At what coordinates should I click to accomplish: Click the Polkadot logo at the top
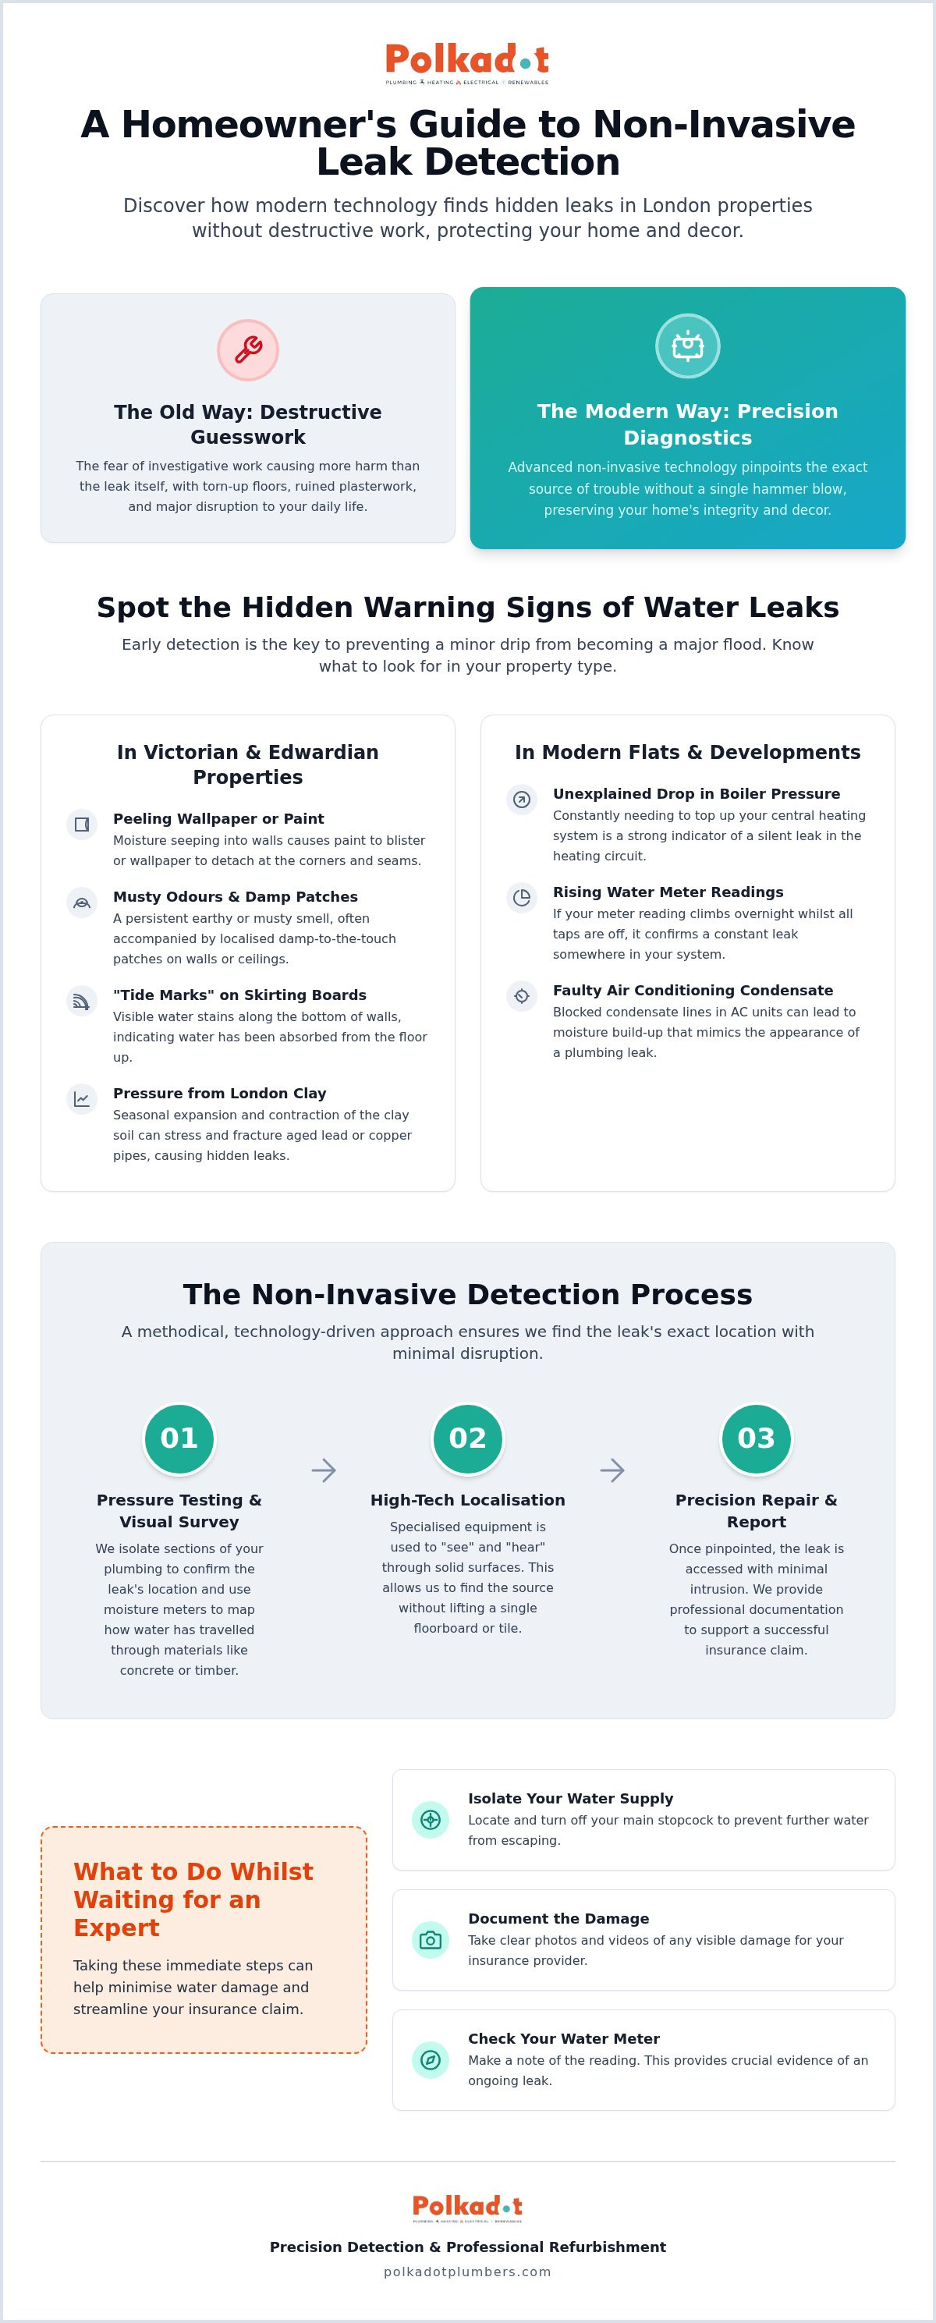pos(467,64)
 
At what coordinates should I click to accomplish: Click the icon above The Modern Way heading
pos(687,346)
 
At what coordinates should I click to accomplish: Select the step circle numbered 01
pos(179,1438)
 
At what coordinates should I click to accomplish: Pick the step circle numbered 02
pos(468,1438)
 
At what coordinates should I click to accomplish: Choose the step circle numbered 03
pos(757,1438)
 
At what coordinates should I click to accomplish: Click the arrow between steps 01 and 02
pos(324,1470)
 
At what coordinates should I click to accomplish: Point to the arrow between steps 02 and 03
pos(612,1470)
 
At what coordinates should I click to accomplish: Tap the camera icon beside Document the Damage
pos(430,1940)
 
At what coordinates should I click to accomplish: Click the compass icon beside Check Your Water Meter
pos(430,2059)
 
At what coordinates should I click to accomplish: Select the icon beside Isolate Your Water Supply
pos(430,1820)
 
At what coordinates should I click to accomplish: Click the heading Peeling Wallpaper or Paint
pos(218,819)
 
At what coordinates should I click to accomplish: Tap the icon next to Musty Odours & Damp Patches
pos(82,903)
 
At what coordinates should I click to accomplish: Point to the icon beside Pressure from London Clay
pos(82,1099)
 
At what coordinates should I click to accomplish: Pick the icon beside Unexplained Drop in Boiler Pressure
pos(522,799)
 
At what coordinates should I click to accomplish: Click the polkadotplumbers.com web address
pos(468,2272)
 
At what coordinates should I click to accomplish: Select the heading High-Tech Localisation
pos(468,1500)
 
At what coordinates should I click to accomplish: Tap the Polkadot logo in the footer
pos(468,2208)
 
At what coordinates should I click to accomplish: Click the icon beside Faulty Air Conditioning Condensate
pos(522,995)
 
